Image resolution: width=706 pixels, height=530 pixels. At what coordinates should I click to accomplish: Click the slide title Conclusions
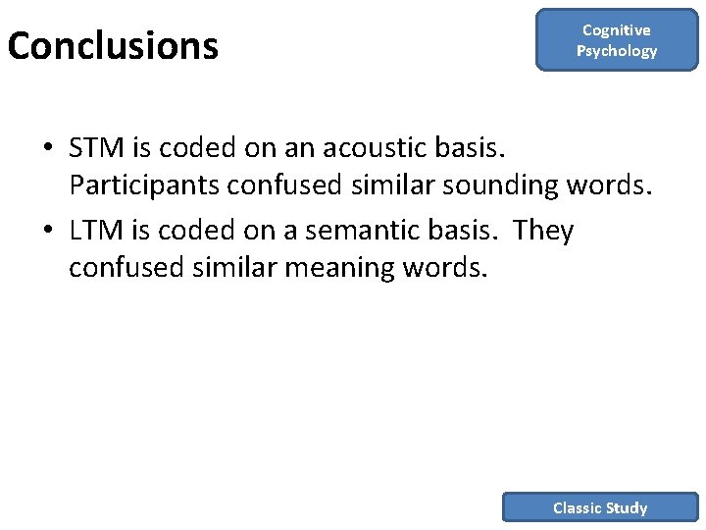click(x=113, y=46)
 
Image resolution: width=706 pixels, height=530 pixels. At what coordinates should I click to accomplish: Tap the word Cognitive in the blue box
click(x=617, y=30)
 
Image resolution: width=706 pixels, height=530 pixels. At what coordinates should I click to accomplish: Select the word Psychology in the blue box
click(x=617, y=51)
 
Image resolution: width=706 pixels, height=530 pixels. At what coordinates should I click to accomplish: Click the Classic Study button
click(x=600, y=507)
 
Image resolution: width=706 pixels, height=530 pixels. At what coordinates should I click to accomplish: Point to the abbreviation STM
click(x=96, y=147)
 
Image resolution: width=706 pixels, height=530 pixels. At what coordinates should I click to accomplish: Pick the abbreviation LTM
click(x=96, y=230)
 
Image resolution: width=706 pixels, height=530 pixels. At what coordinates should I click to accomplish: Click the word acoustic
click(x=358, y=147)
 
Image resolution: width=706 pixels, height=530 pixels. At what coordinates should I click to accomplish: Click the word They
click(x=544, y=230)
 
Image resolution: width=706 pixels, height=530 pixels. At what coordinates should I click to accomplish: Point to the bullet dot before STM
click(x=47, y=148)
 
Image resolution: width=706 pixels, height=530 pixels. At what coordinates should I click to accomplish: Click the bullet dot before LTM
click(x=47, y=231)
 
